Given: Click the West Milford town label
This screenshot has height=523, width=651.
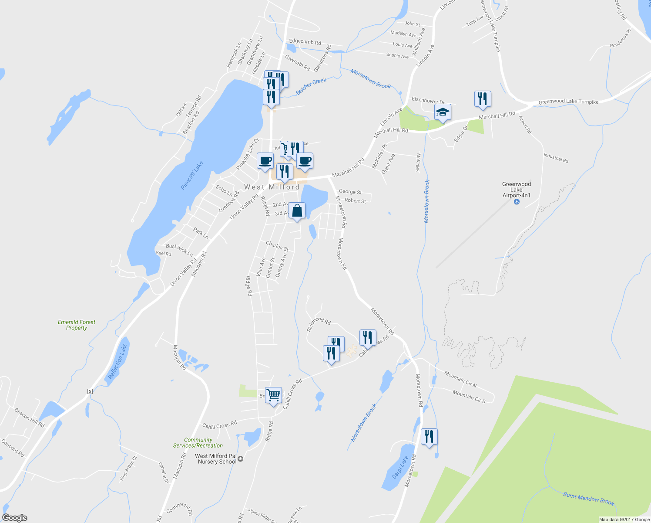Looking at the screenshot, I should tap(272, 187).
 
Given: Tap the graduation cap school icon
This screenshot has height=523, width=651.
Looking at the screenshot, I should tap(443, 113).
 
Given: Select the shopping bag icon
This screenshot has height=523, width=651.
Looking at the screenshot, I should tap(297, 211).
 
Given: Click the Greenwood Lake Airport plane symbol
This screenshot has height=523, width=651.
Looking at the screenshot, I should tap(517, 202).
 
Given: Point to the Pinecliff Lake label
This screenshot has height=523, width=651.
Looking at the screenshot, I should tap(192, 175).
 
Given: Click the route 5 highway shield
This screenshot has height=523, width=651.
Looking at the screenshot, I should tap(90, 391).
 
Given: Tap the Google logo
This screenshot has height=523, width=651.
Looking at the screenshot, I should tap(14, 518).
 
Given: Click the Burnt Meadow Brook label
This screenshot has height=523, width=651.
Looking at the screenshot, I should tap(588, 499).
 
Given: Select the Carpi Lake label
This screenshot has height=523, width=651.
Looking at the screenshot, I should tap(400, 467).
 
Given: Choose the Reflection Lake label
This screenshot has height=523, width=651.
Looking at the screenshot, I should tap(117, 361).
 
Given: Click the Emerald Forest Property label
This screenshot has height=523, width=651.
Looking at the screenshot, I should tap(77, 325).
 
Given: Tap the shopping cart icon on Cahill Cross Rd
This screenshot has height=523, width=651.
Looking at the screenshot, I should tap(273, 395).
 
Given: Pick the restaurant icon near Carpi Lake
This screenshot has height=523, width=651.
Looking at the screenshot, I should tap(429, 436).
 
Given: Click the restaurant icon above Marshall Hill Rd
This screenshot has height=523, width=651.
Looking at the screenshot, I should tap(482, 99).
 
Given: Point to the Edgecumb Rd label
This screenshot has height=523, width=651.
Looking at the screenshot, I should tap(305, 42).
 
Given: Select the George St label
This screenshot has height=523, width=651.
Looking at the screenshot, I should tap(350, 192).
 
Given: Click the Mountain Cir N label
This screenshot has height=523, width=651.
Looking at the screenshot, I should tap(460, 379).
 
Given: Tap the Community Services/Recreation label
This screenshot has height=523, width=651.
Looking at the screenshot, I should tap(198, 443).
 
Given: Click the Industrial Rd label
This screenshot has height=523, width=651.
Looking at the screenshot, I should tap(556, 158).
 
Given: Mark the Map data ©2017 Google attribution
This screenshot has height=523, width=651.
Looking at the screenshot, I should tap(624, 520).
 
